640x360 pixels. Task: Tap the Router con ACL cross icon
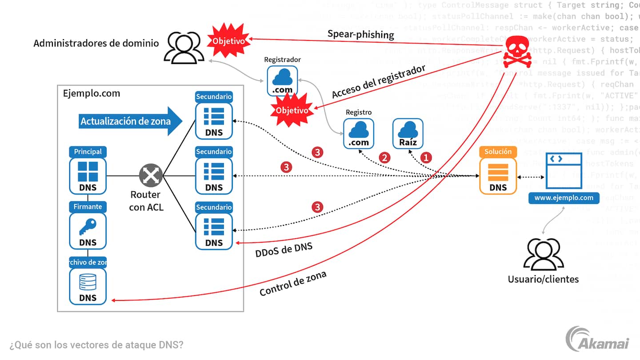(x=151, y=176)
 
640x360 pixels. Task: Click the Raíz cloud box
(x=408, y=133)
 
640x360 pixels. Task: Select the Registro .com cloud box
(x=358, y=133)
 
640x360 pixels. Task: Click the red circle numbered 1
(x=426, y=157)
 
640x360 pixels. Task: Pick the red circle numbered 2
(x=384, y=157)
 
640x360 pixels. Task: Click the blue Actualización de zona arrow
(x=131, y=121)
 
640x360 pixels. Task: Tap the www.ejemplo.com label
(x=564, y=198)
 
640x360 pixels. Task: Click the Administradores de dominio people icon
(x=184, y=48)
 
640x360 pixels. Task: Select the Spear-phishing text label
(x=360, y=34)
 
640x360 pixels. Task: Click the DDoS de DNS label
(x=284, y=250)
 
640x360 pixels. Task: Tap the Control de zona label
(x=293, y=284)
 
